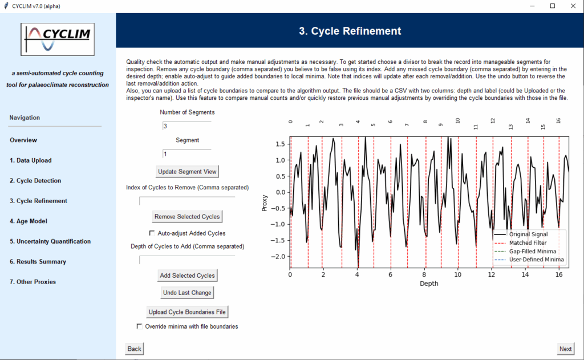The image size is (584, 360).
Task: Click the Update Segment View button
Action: click(x=187, y=172)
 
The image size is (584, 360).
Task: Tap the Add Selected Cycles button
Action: click(x=187, y=276)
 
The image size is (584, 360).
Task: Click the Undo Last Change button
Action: click(x=187, y=293)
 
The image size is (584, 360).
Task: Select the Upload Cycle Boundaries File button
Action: click(x=187, y=312)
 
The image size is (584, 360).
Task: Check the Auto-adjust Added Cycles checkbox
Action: click(x=152, y=233)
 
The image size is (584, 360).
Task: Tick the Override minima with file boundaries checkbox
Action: click(x=140, y=327)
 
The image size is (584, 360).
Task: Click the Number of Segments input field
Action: click(x=187, y=126)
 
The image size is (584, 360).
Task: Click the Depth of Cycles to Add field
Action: click(x=187, y=260)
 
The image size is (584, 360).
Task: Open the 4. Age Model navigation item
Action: click(x=29, y=221)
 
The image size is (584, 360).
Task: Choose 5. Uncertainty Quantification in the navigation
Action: click(x=50, y=241)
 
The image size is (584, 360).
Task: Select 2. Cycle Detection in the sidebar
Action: click(x=35, y=181)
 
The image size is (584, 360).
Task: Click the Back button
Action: click(x=134, y=349)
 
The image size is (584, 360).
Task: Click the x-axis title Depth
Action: click(x=429, y=284)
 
